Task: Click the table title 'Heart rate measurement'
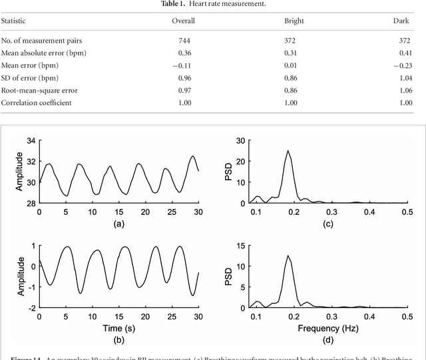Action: click(x=213, y=4)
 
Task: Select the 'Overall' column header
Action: click(x=184, y=21)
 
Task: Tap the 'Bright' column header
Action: click(x=294, y=21)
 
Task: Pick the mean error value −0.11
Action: click(x=182, y=65)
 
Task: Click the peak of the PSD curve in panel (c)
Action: click(x=288, y=151)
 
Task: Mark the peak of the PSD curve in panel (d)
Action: click(x=288, y=256)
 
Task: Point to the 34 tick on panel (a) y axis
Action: click(x=30, y=141)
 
